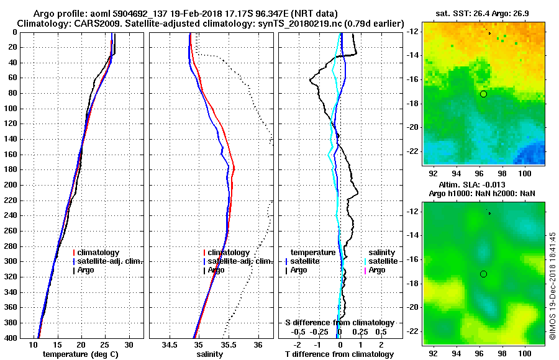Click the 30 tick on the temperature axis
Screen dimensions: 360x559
click(129, 345)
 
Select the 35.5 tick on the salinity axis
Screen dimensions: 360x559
click(228, 345)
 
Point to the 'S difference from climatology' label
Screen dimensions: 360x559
click(339, 323)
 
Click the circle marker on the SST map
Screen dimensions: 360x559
click(483, 94)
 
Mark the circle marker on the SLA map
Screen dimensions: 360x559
click(483, 274)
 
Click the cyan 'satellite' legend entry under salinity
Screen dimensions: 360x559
click(381, 261)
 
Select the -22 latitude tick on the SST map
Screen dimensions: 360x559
click(414, 151)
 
